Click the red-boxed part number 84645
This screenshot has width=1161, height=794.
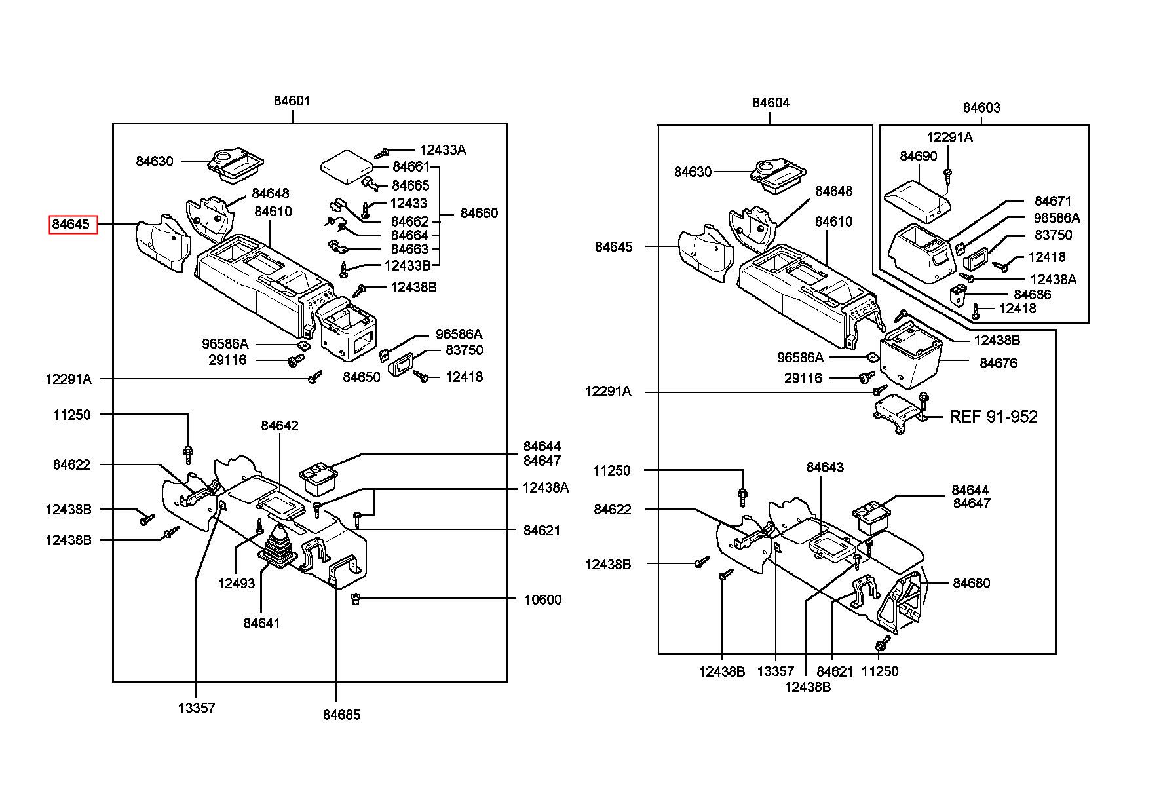71,225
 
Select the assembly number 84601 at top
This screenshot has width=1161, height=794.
292,101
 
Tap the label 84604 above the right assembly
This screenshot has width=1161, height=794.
771,103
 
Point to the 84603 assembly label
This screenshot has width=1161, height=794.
981,107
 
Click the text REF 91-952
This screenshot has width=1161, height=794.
993,417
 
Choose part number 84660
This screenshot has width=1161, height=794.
479,213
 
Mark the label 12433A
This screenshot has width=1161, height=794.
443,150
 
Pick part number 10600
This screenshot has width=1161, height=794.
542,600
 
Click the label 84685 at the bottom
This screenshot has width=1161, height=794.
341,715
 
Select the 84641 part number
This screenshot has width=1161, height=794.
261,623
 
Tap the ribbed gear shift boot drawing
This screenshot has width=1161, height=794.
279,544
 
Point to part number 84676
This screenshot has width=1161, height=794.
999,363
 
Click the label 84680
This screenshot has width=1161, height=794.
972,583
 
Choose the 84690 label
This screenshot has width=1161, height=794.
919,156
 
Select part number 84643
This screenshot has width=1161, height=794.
825,467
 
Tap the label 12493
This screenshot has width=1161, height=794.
237,583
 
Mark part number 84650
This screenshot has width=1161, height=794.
362,377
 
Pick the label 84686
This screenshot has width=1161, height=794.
1033,295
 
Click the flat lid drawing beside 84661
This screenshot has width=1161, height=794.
346,164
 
